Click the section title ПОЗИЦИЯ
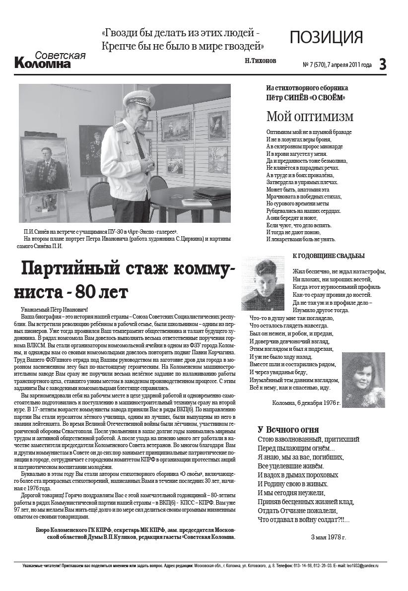point(326,37)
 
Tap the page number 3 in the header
point(382,64)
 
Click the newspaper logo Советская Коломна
point(50,60)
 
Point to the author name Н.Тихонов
point(260,61)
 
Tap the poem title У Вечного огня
point(288,429)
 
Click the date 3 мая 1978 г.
point(328,537)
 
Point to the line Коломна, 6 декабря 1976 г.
point(306,403)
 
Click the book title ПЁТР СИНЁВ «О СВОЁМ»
point(306,98)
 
